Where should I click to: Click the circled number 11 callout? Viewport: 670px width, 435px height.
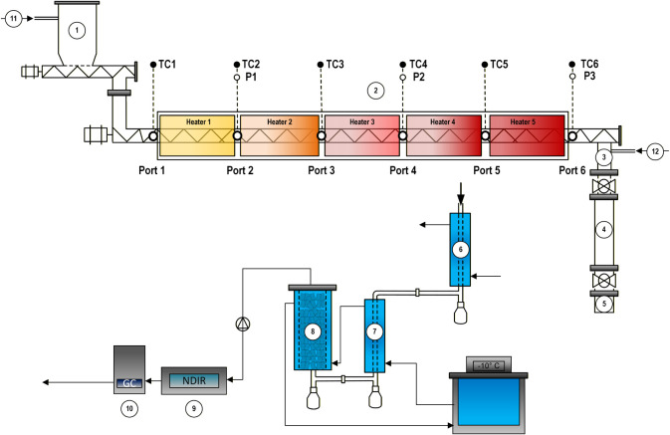14,18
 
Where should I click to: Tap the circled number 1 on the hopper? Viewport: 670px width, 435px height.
77,30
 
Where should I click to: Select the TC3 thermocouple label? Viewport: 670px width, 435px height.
335,64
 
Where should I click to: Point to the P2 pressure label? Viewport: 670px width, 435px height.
419,77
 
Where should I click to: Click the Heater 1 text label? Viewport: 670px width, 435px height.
198,121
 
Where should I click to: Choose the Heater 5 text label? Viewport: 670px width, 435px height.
523,121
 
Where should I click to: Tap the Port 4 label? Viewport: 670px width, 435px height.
403,170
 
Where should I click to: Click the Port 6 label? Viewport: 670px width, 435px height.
572,170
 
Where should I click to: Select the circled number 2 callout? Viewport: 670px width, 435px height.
376,91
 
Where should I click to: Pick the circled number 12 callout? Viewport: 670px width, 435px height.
655,151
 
